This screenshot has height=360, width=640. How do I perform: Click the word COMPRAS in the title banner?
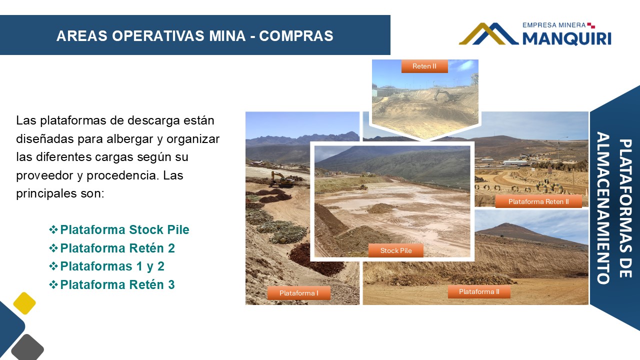296,36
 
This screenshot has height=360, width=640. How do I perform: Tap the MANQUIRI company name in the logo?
567,38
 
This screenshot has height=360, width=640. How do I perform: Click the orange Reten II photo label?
424,66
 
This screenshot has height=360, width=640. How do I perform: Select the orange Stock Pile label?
395,250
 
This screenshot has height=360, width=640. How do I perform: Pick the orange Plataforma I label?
299,293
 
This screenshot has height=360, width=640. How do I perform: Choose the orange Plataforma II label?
479,291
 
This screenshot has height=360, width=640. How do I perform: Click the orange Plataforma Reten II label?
538,201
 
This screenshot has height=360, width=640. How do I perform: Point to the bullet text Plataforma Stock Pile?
124,229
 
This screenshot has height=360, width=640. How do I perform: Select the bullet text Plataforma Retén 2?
117,248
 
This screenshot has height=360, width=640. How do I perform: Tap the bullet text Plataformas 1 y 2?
112,266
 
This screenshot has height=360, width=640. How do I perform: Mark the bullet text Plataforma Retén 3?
117,284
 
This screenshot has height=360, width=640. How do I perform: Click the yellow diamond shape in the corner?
24,303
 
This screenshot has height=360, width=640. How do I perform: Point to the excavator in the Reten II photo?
445,95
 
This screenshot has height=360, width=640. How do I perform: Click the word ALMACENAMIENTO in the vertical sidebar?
603,208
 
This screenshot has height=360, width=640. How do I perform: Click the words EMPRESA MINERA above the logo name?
554,25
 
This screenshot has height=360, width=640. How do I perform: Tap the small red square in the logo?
591,25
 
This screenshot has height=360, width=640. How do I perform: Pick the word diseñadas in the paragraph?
45,139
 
